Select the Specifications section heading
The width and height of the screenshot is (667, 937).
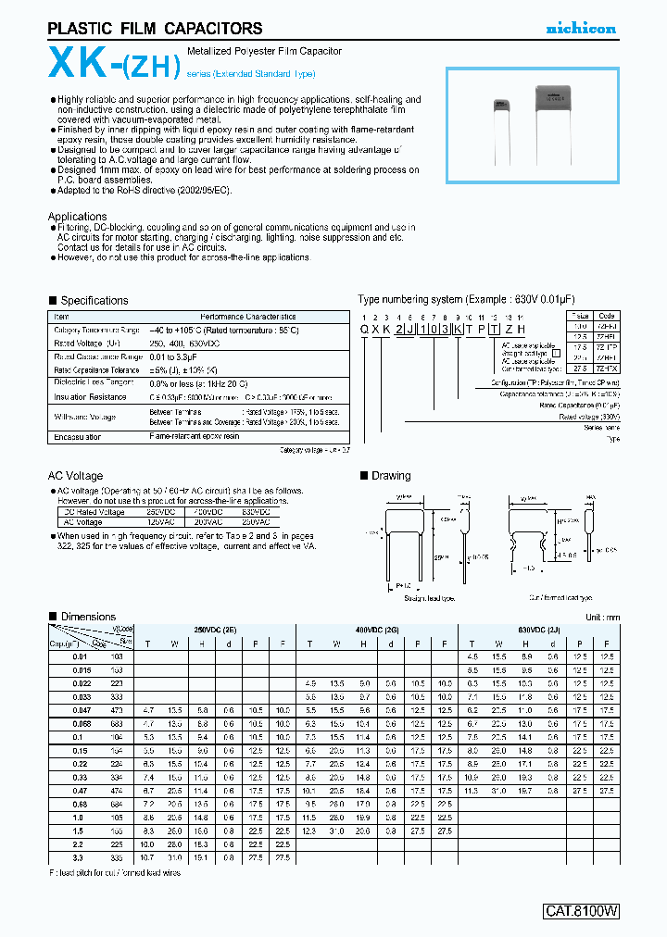click(94, 301)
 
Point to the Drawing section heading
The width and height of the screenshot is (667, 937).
click(390, 476)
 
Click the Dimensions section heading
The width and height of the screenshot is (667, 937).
click(88, 617)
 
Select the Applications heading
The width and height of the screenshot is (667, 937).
click(77, 217)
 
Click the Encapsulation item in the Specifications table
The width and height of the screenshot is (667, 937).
click(77, 435)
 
